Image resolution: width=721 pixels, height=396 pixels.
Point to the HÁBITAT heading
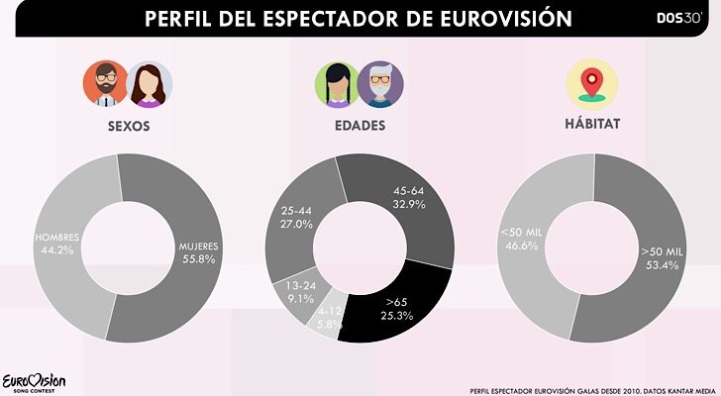click(x=592, y=127)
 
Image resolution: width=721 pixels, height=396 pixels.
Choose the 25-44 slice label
click(x=298, y=218)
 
